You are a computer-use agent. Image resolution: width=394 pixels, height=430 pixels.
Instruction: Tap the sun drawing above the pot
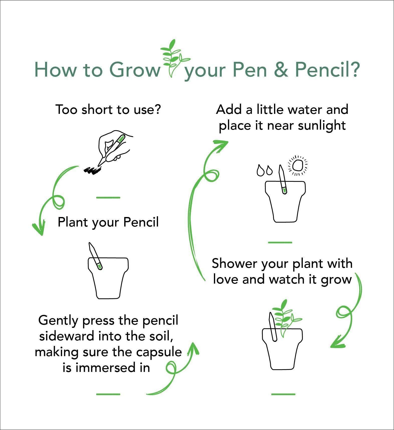coord(298,165)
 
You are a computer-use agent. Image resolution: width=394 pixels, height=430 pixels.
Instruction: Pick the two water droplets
coord(265,170)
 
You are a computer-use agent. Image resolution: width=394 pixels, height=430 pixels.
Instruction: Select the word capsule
coord(159,352)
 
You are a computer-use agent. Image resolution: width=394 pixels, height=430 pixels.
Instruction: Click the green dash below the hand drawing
coord(108,198)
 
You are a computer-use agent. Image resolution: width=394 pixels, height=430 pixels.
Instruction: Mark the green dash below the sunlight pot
coord(280,242)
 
